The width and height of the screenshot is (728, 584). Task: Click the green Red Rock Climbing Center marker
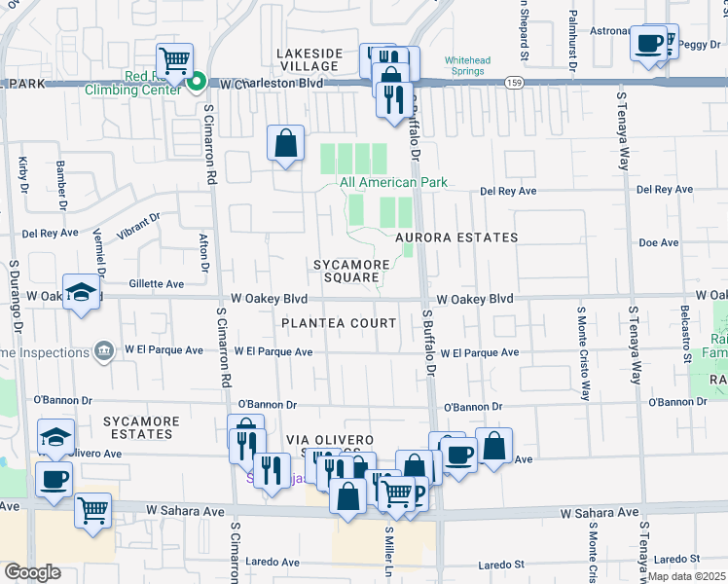point(196,83)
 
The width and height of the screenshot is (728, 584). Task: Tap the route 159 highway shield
point(511,85)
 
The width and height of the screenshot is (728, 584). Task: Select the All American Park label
point(393,182)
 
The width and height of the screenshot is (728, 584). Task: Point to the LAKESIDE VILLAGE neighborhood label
point(309,59)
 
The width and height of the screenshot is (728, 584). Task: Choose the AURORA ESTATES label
point(456,237)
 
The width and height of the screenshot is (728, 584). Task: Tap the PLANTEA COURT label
point(339,323)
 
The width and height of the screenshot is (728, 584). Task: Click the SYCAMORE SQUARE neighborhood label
point(351,271)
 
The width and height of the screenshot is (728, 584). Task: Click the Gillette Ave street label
point(157,284)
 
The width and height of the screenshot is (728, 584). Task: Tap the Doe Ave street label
point(658,242)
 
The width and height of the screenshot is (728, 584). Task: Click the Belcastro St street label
point(685,333)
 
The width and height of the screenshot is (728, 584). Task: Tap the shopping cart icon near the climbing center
point(174,60)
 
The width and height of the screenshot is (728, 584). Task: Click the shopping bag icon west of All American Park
point(286,143)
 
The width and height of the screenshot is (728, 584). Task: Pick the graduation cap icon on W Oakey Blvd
point(81,292)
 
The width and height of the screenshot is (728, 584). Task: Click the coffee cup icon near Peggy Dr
point(648,43)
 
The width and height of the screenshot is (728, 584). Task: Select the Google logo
point(31,572)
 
